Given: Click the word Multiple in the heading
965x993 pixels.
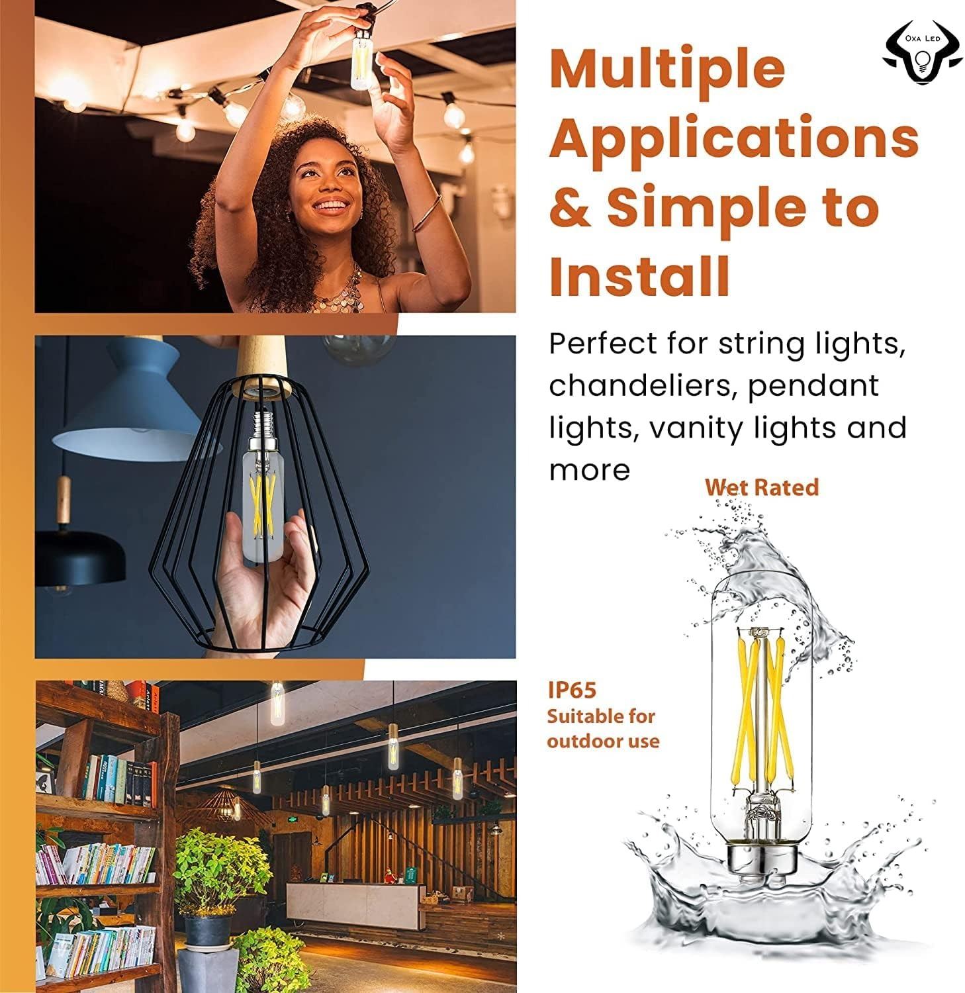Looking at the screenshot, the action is click(x=666, y=68).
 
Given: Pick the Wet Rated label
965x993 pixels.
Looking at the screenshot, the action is click(x=762, y=487).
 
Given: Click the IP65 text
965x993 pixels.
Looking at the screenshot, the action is click(x=572, y=690).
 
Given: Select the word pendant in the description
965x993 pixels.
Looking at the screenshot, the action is click(x=813, y=385).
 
